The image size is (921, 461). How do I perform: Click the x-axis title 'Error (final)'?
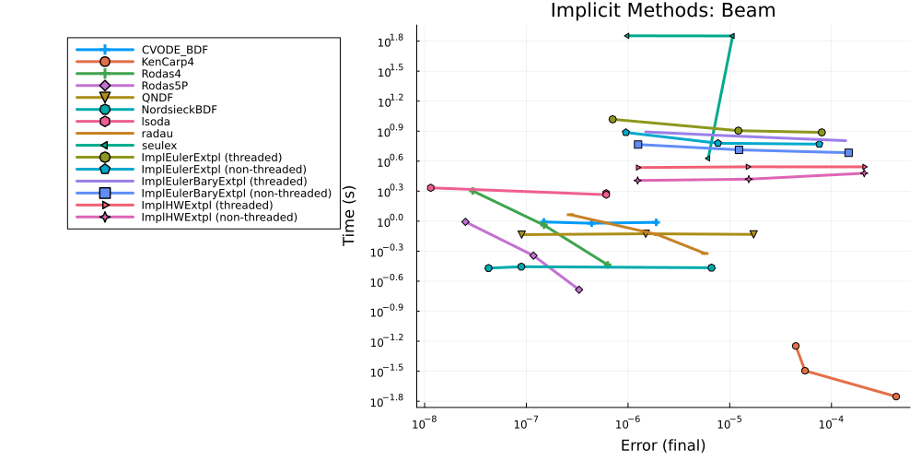pyautogui.click(x=663, y=445)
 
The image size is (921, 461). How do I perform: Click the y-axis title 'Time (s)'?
pyautogui.click(x=351, y=216)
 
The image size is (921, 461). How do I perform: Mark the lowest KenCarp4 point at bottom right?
pyautogui.click(x=896, y=396)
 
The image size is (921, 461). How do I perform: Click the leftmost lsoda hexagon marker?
pyautogui.click(x=430, y=187)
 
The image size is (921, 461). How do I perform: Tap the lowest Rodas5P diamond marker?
pyautogui.click(x=579, y=290)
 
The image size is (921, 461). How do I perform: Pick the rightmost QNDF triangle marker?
pyautogui.click(x=753, y=234)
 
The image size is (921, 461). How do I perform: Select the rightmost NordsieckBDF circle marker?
pyautogui.click(x=711, y=267)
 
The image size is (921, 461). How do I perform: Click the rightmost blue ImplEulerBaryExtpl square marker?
pyautogui.click(x=849, y=152)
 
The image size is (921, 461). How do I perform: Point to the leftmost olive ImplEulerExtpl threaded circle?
pyautogui.click(x=612, y=119)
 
